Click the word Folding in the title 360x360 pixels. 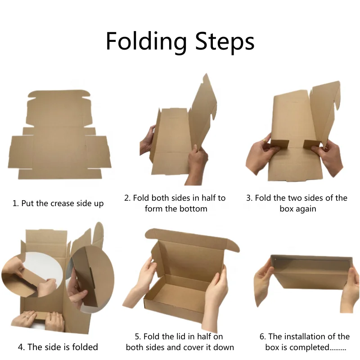click(x=146, y=42)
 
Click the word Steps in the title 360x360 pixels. click(x=225, y=42)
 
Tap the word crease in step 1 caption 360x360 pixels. click(x=63, y=203)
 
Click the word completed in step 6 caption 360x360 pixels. click(x=309, y=347)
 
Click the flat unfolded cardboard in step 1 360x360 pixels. click(x=59, y=135)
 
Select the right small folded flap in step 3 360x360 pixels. click(x=311, y=144)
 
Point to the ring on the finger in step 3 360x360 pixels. click(x=264, y=140)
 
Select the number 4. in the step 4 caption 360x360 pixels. click(x=21, y=346)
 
